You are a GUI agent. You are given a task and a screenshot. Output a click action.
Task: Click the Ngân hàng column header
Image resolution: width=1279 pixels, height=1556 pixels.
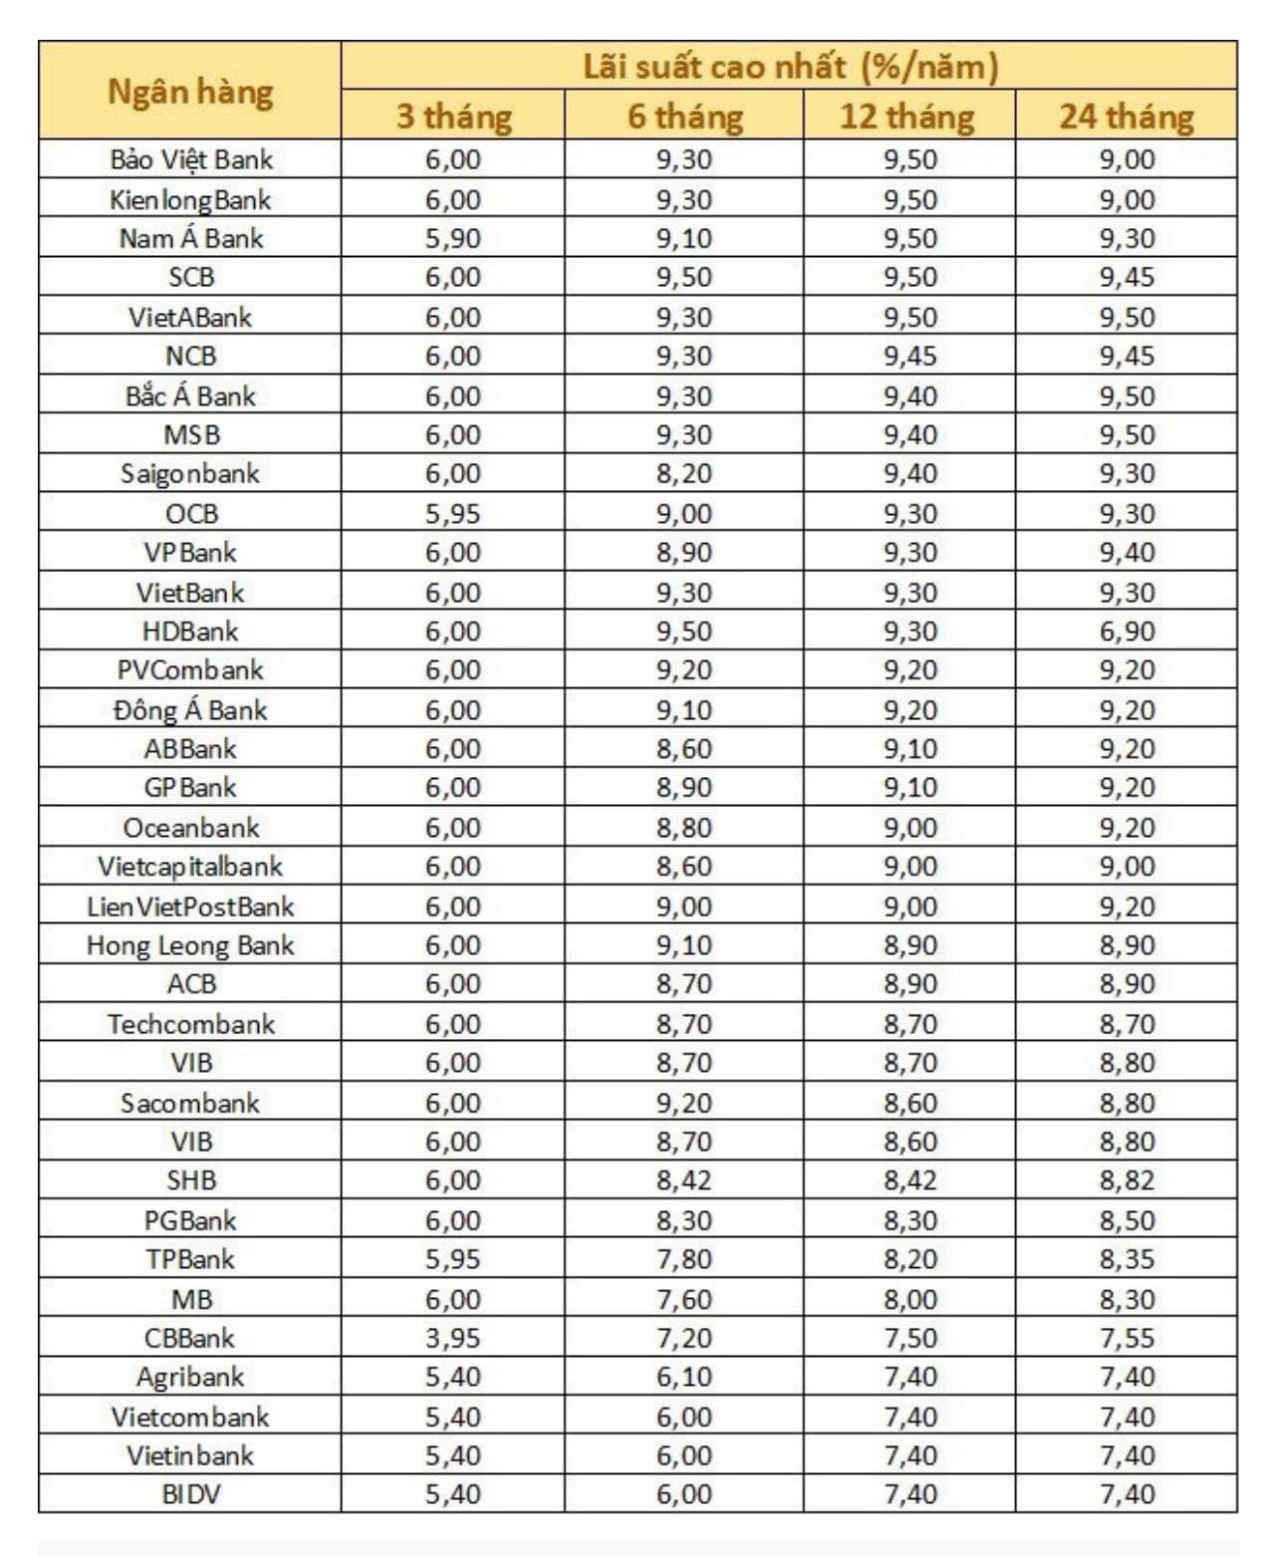pyautogui.click(x=190, y=92)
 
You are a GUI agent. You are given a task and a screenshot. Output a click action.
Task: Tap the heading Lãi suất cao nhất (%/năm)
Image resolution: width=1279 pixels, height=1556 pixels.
pyautogui.click(x=789, y=67)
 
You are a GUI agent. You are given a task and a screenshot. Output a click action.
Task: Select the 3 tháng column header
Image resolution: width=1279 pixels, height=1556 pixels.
pyautogui.click(x=453, y=117)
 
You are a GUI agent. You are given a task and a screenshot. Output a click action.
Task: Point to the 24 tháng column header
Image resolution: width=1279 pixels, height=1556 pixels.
pyautogui.click(x=1127, y=117)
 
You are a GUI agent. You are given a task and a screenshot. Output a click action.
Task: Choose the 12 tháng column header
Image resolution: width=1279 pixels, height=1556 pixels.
pyautogui.click(x=907, y=117)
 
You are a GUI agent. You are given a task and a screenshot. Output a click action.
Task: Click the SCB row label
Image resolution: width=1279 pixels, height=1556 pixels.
pyautogui.click(x=190, y=277)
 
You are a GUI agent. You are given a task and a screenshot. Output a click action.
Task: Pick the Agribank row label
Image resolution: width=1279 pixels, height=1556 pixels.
pyautogui.click(x=190, y=1377)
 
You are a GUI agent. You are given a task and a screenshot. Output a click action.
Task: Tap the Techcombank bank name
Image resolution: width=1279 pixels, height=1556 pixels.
pyautogui.click(x=190, y=1024)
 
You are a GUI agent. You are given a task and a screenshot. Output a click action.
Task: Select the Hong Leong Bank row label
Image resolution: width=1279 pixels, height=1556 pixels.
pyautogui.click(x=190, y=945)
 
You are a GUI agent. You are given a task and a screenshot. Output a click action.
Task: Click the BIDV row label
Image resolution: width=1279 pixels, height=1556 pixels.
pyautogui.click(x=190, y=1494)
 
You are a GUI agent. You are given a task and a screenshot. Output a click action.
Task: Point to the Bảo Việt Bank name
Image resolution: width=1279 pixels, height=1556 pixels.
pyautogui.click(x=190, y=159)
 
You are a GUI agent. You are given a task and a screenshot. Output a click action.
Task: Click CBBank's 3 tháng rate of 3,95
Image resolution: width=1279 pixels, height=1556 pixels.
pyautogui.click(x=453, y=1338)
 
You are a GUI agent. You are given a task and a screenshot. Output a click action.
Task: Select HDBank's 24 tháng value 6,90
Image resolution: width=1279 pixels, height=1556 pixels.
pyautogui.click(x=1127, y=632)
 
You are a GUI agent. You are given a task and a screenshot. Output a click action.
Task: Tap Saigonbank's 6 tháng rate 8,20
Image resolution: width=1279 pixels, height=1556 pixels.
pyautogui.click(x=684, y=474)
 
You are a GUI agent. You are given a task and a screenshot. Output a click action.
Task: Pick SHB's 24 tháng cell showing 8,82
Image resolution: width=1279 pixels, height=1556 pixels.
pyautogui.click(x=1127, y=1180)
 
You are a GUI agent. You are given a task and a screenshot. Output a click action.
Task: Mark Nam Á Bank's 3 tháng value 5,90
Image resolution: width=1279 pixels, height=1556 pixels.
pyautogui.click(x=453, y=238)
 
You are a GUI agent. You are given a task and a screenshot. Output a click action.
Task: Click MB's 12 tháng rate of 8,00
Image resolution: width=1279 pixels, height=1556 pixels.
pyautogui.click(x=909, y=1299)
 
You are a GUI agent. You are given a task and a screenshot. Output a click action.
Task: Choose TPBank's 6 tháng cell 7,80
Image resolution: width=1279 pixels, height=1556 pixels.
pyautogui.click(x=684, y=1259)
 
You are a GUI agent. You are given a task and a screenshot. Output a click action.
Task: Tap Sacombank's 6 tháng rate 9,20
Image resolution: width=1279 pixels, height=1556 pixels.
pyautogui.click(x=684, y=1103)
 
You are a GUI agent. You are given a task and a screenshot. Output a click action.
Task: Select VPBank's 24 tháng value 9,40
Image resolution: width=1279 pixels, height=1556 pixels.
pyautogui.click(x=1127, y=553)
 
